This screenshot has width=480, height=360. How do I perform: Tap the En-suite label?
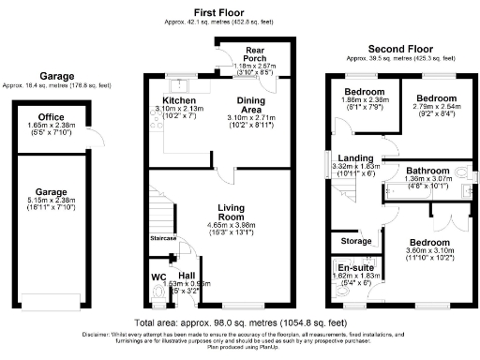point(352,266)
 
